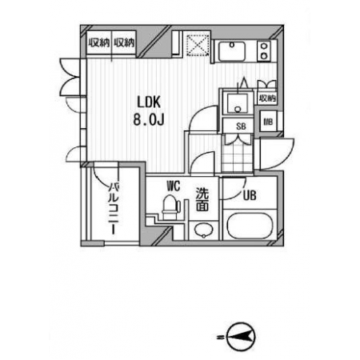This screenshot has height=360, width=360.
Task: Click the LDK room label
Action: click(x=149, y=102)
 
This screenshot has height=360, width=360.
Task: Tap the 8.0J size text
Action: click(x=149, y=120)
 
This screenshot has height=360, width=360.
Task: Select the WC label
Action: click(x=174, y=186)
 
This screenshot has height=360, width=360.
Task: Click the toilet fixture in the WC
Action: click(x=171, y=207)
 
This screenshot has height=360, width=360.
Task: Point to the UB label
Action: click(x=250, y=195)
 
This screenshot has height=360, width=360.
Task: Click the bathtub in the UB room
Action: click(x=250, y=226)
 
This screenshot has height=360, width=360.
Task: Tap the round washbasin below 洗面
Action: click(x=204, y=230)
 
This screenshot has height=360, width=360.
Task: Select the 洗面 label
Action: click(x=202, y=199)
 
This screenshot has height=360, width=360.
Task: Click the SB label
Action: click(x=241, y=126)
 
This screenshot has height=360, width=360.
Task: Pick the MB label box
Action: click(x=268, y=122)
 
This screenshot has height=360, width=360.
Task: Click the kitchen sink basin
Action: click(x=232, y=51)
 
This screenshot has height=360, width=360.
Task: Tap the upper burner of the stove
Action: click(x=264, y=46)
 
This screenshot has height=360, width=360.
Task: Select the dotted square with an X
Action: click(x=198, y=45)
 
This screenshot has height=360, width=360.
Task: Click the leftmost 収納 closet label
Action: click(x=99, y=42)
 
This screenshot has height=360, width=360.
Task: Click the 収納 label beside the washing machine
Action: click(x=267, y=98)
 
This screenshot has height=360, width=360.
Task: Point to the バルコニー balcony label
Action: click(x=114, y=208)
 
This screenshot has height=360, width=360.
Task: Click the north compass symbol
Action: click(x=242, y=337)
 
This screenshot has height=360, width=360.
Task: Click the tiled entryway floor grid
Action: click(x=237, y=158)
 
